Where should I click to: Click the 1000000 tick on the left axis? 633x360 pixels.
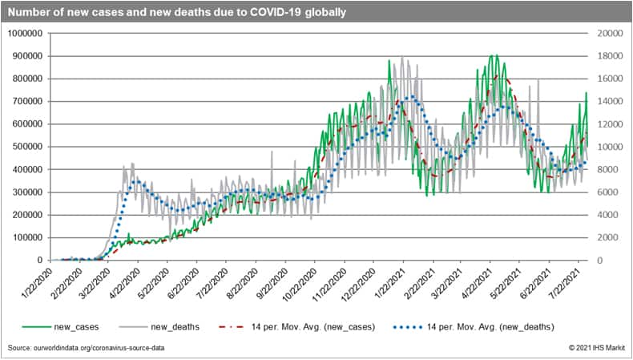click(x=26, y=34)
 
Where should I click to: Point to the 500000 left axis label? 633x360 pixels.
click(x=28, y=147)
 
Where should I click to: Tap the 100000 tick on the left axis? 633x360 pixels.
click(x=28, y=237)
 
